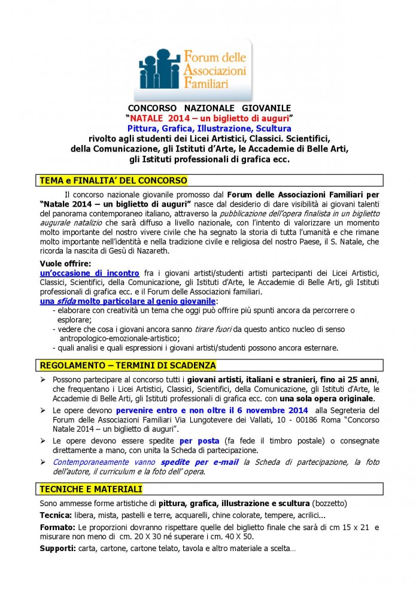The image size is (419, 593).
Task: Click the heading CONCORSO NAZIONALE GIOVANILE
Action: click(209, 110)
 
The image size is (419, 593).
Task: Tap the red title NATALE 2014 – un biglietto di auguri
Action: click(209, 119)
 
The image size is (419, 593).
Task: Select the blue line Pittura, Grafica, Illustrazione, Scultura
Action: click(209, 128)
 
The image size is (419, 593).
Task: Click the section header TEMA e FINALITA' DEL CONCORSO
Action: click(113, 180)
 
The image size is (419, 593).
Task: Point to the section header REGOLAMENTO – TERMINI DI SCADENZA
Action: click(127, 365)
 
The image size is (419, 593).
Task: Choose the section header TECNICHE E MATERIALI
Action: click(91, 489)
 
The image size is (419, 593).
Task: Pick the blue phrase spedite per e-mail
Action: click(208, 462)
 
